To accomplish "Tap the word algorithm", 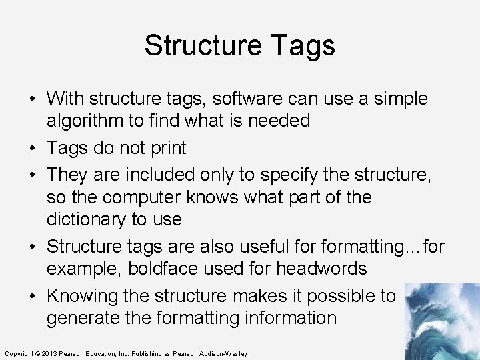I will click(x=86, y=121).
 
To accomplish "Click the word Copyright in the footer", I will click(x=18, y=353).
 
